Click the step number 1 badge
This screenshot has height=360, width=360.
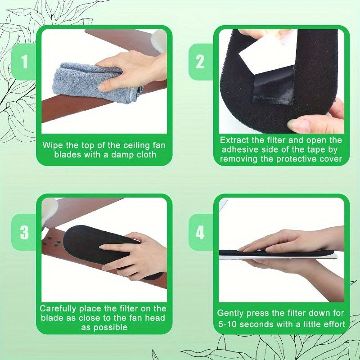pos(24,62)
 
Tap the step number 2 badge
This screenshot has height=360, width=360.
pos(200,62)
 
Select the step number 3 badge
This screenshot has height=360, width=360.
pos(24,232)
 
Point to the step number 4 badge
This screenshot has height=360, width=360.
pos(200,232)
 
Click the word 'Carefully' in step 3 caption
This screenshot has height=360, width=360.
pos(58,309)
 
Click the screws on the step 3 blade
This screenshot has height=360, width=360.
pos(52,242)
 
